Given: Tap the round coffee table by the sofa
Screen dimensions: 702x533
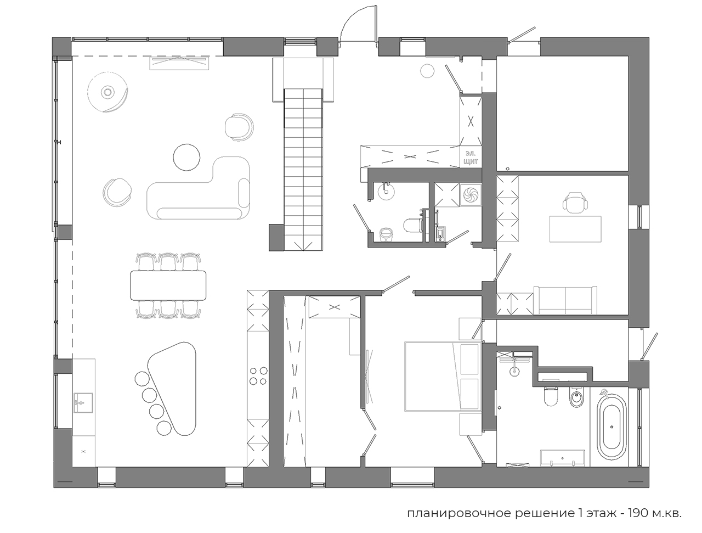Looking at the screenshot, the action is (x=186, y=157).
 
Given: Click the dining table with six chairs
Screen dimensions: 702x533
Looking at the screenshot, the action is (x=168, y=285).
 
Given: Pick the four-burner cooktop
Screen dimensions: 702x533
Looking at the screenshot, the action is (x=258, y=376).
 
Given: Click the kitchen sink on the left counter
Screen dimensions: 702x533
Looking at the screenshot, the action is (x=83, y=403).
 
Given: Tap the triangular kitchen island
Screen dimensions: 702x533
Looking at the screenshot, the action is (x=173, y=389).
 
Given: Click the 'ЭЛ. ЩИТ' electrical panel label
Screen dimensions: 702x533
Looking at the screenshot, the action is (x=471, y=158).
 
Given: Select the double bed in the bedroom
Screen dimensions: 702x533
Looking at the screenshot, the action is (x=443, y=376).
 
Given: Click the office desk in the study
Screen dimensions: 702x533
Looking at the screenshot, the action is (x=575, y=229).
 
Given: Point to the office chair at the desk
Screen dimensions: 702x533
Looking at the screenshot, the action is (x=575, y=203).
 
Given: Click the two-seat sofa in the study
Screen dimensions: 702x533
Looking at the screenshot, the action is (x=565, y=300).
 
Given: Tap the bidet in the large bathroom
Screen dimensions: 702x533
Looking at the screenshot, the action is (x=576, y=398).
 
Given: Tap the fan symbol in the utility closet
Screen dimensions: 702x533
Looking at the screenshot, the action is (x=471, y=195).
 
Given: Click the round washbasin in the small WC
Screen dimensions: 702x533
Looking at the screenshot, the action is (x=386, y=192).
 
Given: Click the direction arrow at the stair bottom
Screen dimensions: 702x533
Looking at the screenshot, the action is (x=303, y=246).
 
